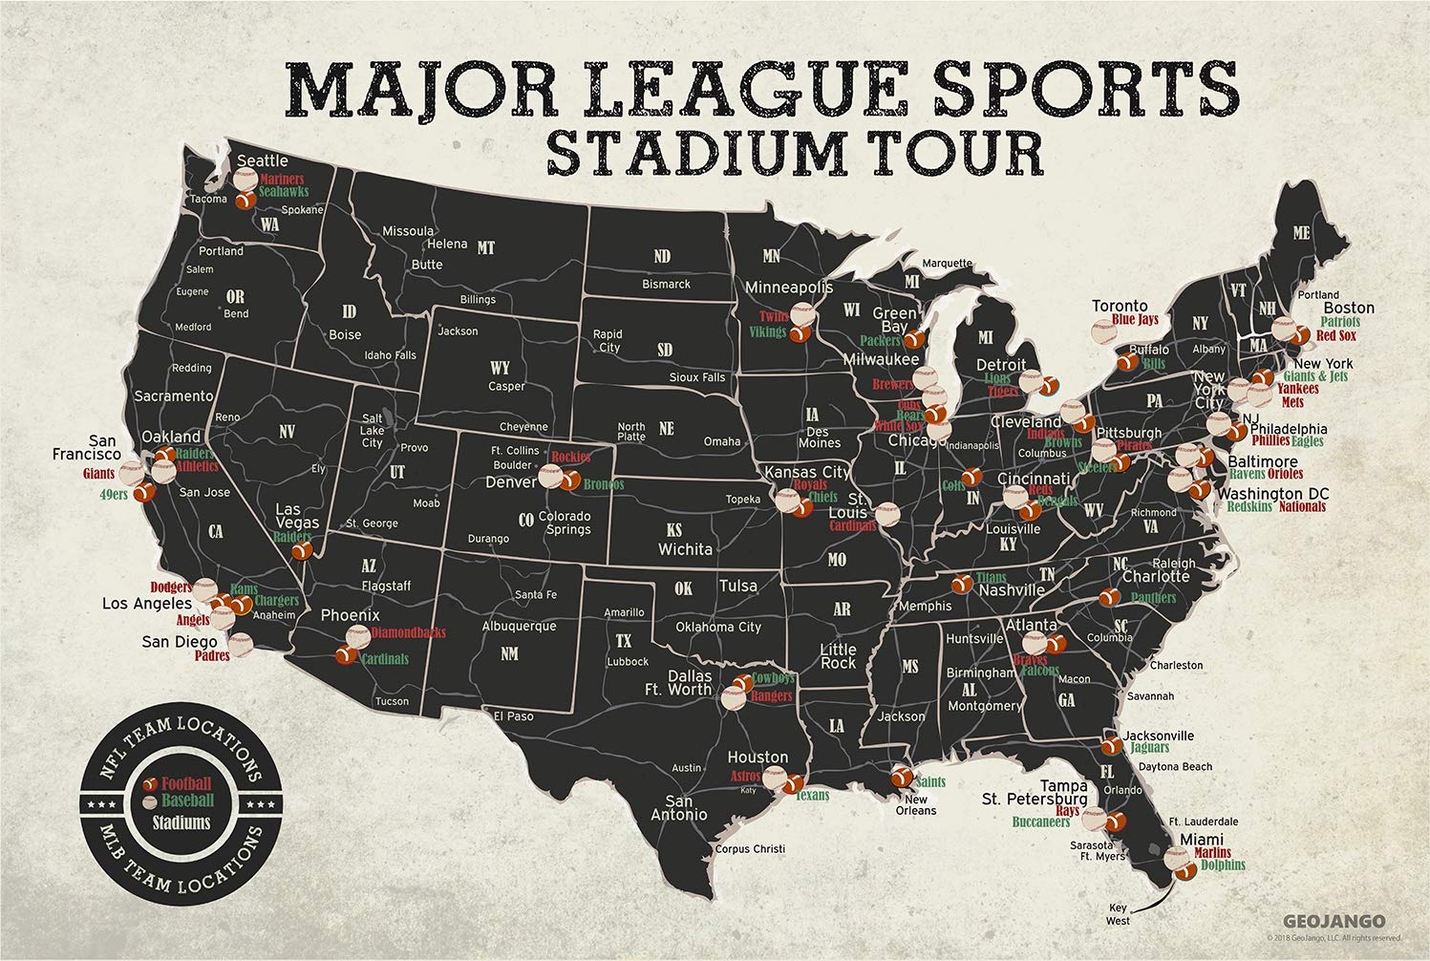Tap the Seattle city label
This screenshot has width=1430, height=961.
[262, 160]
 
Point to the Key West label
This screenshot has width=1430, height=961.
[1118, 914]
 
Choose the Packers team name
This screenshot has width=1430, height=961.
[880, 340]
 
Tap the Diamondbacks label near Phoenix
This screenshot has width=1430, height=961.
[408, 633]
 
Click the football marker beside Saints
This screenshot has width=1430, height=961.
[901, 777]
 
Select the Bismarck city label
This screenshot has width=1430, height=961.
[666, 284]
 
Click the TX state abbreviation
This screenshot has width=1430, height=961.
[623, 640]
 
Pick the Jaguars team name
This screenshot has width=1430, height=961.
[1149, 748]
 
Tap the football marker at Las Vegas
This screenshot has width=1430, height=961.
[302, 550]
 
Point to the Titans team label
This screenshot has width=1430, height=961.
[991, 578]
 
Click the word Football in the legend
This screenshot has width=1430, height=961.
[186, 784]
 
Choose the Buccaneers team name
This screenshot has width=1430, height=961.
[1041, 821]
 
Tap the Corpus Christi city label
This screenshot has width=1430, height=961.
[750, 848]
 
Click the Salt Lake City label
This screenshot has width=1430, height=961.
[373, 431]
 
